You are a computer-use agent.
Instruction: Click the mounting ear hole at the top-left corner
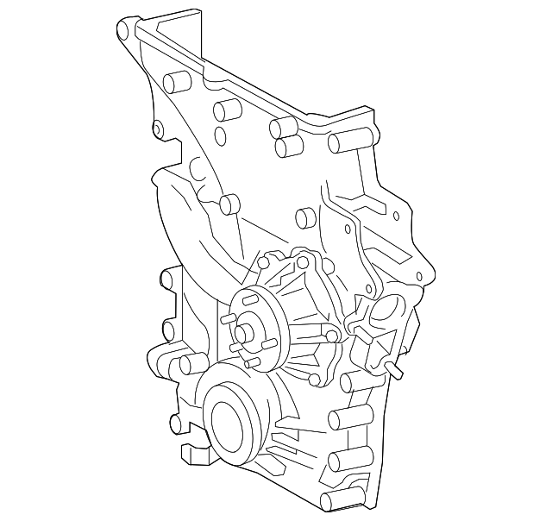tap(122, 33)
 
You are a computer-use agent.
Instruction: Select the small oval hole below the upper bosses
tap(221, 135)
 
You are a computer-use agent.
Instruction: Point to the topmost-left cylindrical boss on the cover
tap(176, 84)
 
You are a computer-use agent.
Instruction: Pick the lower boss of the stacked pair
tap(287, 148)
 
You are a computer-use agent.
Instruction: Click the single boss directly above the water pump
tap(305, 217)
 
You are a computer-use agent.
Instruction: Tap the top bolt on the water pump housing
tap(303, 261)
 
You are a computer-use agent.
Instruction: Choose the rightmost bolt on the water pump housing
tap(330, 336)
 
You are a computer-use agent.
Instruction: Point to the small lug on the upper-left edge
tap(158, 129)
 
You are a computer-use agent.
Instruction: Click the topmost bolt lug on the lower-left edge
tap(166, 279)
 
